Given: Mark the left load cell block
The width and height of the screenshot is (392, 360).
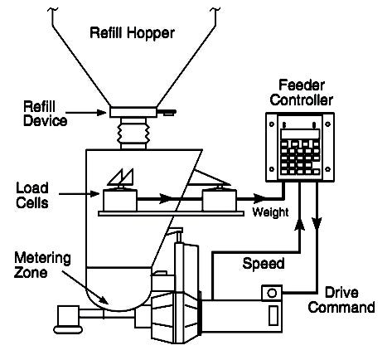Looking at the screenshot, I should point(119,200).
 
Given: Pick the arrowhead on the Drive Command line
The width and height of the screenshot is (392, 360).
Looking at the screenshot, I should point(317,226).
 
